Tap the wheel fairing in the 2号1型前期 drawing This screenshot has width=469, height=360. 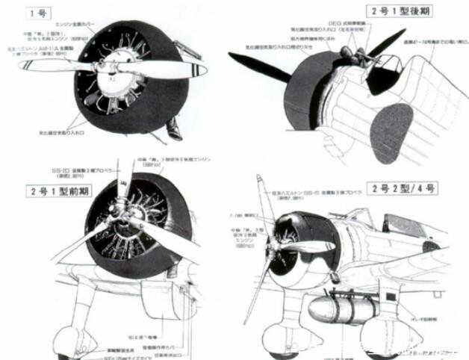[78, 329]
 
